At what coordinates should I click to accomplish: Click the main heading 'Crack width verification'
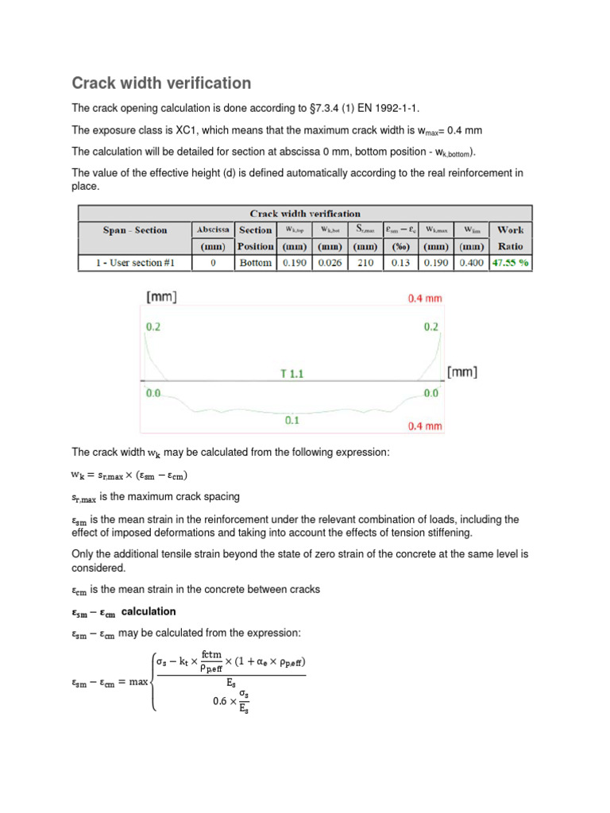coord(161,83)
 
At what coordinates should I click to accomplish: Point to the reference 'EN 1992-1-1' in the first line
coord(381,107)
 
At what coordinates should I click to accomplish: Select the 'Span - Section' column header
coord(135,230)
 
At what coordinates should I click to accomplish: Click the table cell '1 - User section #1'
coord(134,263)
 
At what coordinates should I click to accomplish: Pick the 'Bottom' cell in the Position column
coord(255,263)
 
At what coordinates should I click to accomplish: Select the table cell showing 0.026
coord(330,263)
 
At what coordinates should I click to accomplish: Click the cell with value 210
coord(365,263)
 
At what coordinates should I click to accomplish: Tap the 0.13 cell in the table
coord(400,263)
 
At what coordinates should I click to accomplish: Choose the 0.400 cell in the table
coord(470,263)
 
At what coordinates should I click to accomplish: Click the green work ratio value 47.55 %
coord(510,263)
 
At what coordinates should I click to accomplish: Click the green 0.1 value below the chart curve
coord(292,420)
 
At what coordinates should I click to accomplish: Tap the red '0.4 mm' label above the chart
coord(424,299)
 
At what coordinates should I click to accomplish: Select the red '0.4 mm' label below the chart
coord(424,426)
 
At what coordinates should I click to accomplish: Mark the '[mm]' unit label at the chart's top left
coord(161,298)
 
